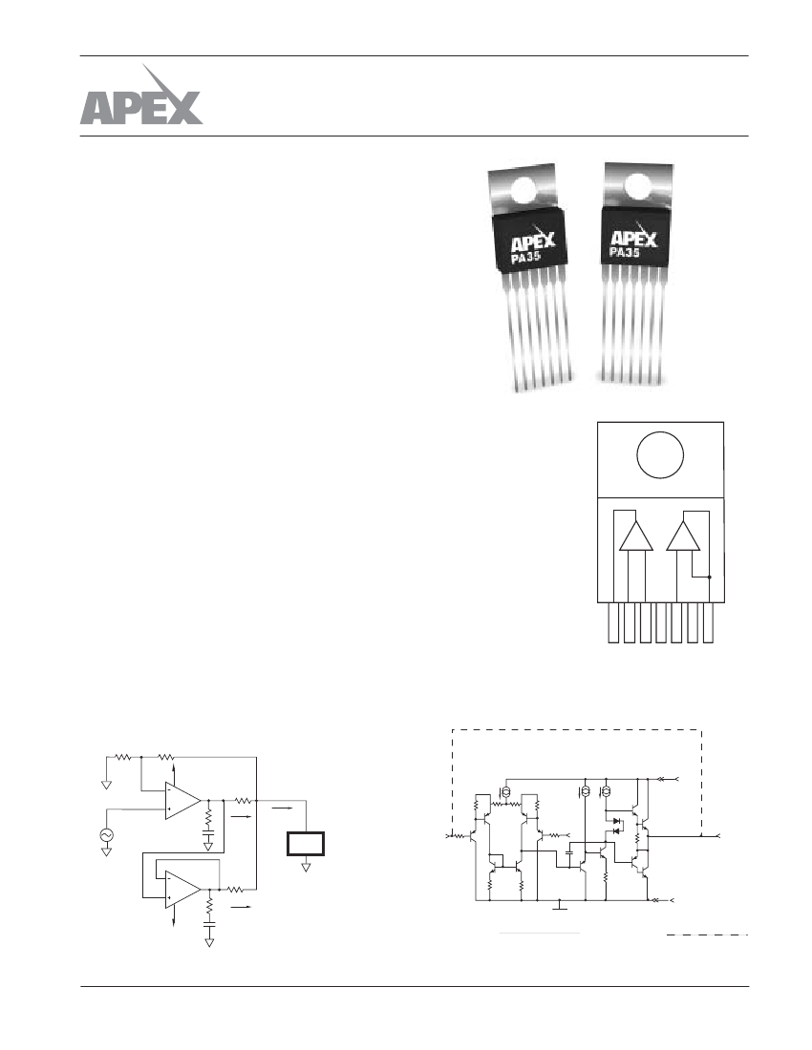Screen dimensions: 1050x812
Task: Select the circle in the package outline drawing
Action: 660,456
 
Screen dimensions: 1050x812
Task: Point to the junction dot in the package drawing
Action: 710,577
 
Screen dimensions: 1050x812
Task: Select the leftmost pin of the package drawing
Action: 612,622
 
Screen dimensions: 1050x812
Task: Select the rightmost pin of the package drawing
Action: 708,622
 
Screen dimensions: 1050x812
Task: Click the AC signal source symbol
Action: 106,834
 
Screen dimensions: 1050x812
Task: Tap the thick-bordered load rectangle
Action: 306,844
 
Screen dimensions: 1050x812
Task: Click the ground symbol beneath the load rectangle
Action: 306,868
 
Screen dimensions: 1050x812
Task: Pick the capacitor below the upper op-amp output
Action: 208,836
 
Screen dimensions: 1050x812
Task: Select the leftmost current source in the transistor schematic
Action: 506,792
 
